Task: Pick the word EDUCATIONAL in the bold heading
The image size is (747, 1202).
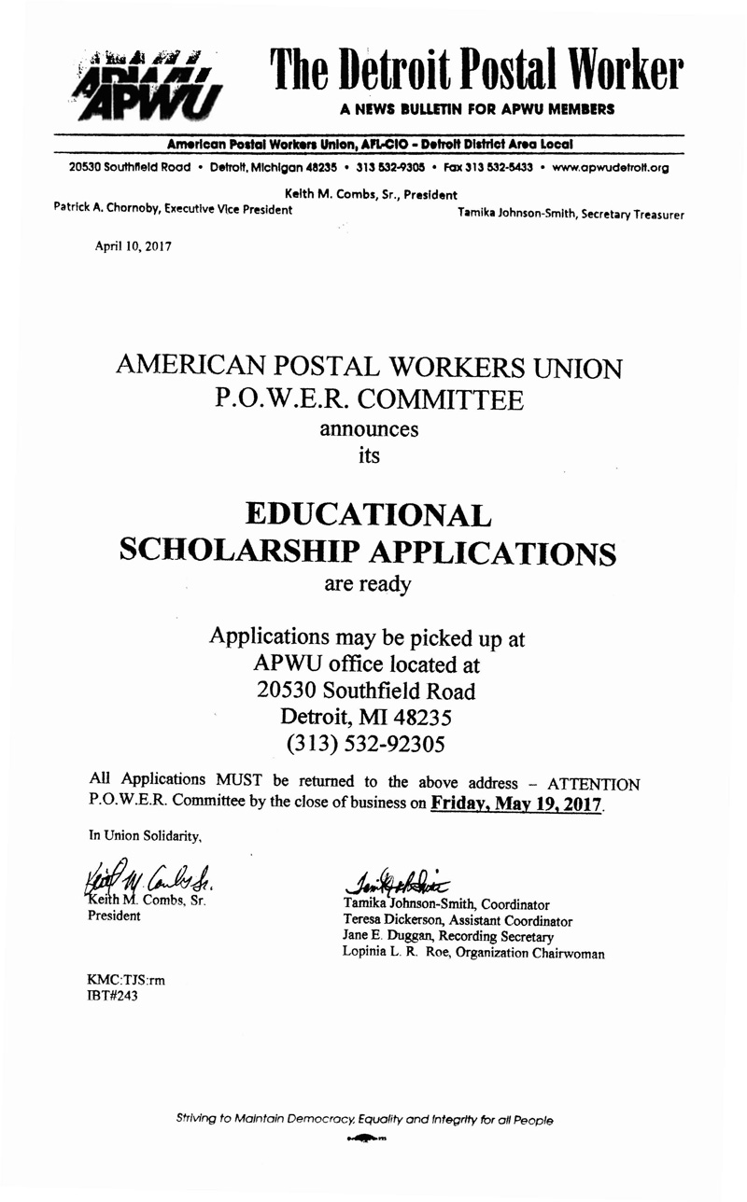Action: pos(367,514)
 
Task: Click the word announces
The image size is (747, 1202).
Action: pos(369,429)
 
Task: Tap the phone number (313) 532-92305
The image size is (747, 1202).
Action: pos(367,744)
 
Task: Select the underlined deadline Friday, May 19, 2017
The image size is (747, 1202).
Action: pos(517,803)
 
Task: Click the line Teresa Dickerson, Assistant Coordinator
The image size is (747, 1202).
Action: pos(458,920)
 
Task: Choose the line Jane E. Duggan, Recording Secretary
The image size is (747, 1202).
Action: pos(448,936)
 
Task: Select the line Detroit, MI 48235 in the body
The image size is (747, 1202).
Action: pos(366,718)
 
